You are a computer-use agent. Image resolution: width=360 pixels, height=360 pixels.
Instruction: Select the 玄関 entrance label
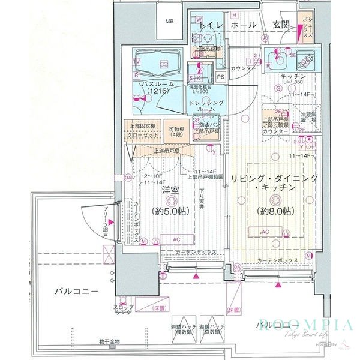pos(280,25)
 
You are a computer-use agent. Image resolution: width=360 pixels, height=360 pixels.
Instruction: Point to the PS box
pos(221,76)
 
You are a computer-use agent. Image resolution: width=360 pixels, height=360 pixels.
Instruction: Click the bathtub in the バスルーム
pos(158,62)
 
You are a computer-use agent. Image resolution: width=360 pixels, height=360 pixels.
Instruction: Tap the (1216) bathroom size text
pos(159,91)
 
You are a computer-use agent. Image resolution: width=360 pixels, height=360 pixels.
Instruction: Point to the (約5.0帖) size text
pos(171,212)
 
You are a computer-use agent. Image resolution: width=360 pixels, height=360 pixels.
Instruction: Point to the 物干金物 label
pos(110,341)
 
